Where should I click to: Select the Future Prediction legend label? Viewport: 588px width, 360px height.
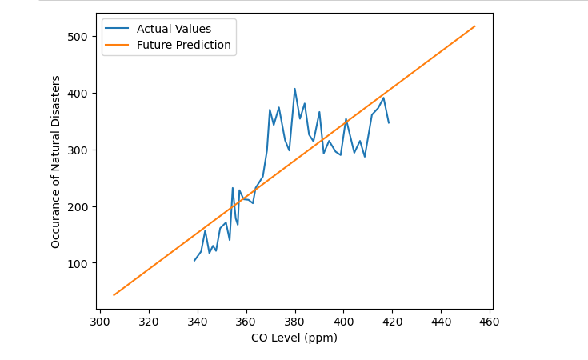[183, 46]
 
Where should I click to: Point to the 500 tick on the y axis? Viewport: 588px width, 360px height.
[78, 37]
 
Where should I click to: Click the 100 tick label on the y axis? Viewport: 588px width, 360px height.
[78, 263]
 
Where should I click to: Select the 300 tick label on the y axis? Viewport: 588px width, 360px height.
[78, 150]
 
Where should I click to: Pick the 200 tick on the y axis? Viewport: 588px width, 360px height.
[78, 207]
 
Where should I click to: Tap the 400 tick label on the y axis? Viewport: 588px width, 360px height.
[78, 94]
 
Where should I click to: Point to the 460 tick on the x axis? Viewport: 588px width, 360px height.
[490, 322]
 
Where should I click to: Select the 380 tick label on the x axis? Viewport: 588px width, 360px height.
[295, 322]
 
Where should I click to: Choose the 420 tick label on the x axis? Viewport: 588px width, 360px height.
[393, 322]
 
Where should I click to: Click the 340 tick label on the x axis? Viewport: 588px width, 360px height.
[197, 322]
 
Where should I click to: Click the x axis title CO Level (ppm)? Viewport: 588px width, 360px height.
[294, 338]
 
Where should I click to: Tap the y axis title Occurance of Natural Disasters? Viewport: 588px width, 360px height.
[56, 162]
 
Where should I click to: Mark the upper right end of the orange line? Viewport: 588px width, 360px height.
[475, 26]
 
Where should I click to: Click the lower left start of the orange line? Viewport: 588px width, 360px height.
[114, 295]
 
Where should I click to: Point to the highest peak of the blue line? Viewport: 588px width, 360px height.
[294, 89]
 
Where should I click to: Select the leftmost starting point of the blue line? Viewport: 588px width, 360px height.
[194, 260]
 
